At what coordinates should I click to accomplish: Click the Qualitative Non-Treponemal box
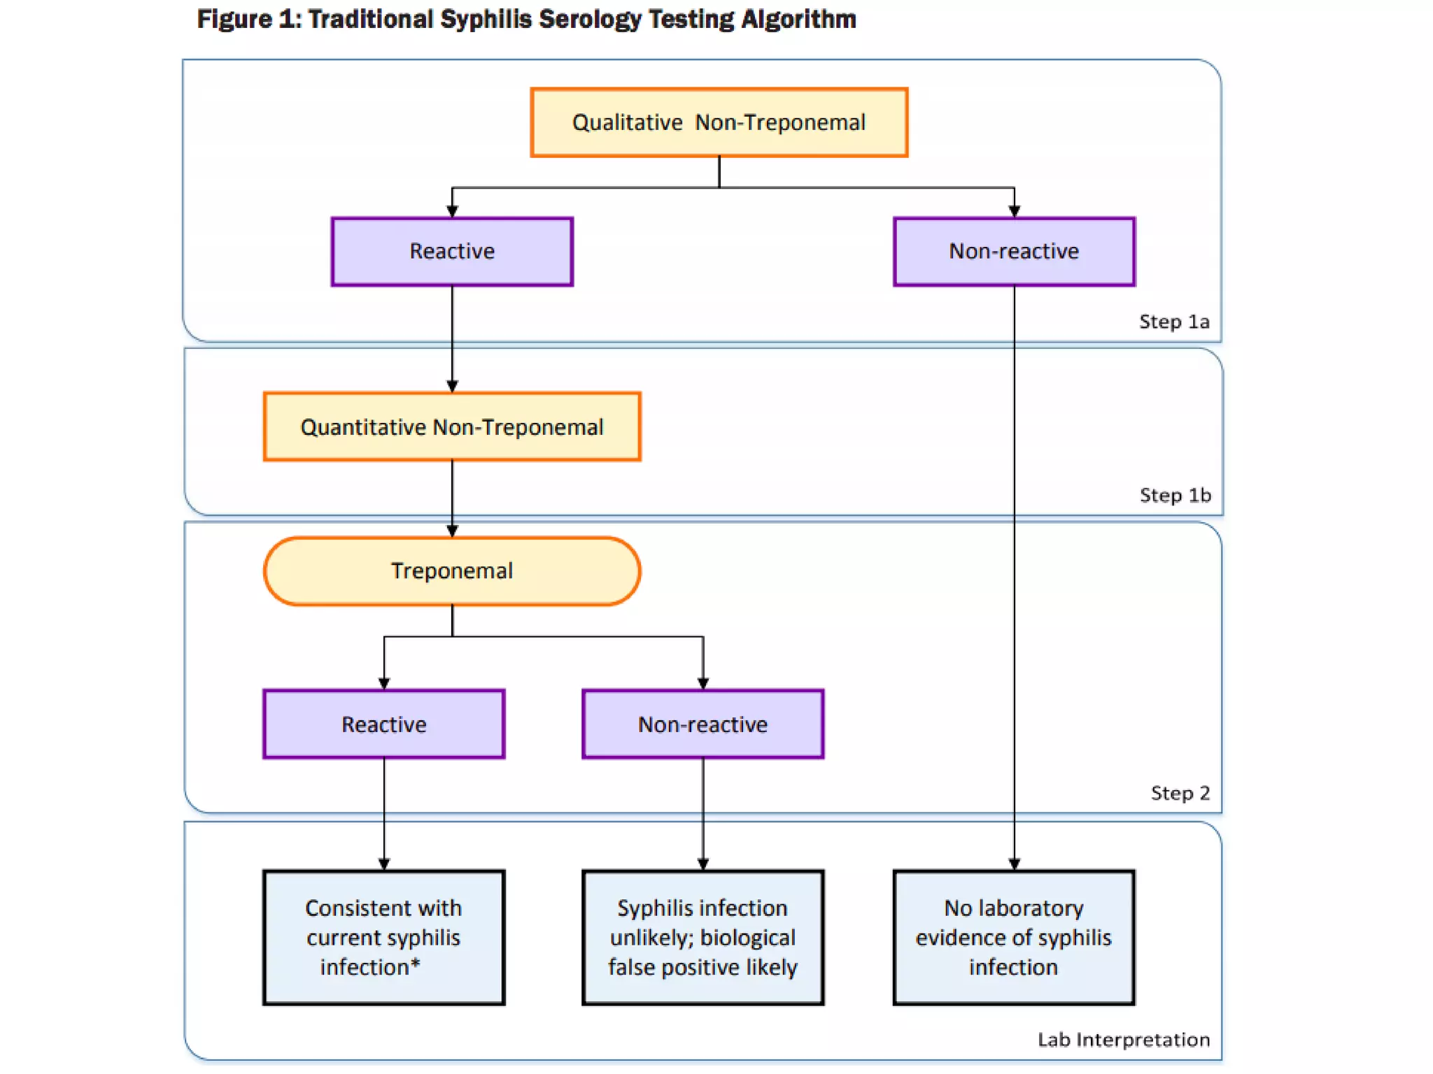click(x=719, y=122)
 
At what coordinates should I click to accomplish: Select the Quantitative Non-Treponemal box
click(x=452, y=427)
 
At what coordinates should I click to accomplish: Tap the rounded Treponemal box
click(x=452, y=571)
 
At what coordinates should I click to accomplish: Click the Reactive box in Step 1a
click(x=452, y=251)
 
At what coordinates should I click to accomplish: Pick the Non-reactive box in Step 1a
click(x=1014, y=251)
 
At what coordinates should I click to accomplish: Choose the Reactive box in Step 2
click(x=383, y=724)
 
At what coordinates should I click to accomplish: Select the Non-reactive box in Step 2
click(x=703, y=724)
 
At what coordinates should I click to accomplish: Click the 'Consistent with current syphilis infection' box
click(x=383, y=937)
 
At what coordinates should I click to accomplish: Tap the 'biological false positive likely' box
click(x=703, y=937)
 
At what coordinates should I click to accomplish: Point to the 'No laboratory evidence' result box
click(x=1013, y=937)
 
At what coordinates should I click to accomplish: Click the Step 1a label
click(x=1174, y=322)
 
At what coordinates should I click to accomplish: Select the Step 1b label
click(x=1175, y=495)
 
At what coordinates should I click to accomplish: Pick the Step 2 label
click(x=1180, y=793)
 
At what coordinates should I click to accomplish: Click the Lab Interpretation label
click(x=1123, y=1040)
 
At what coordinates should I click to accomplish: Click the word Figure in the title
click(x=234, y=19)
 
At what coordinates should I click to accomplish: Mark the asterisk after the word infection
click(x=416, y=964)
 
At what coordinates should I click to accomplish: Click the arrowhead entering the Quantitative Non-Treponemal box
click(x=452, y=386)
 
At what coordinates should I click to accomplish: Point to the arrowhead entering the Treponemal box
click(x=452, y=531)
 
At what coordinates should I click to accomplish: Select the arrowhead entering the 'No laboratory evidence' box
click(x=1014, y=864)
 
